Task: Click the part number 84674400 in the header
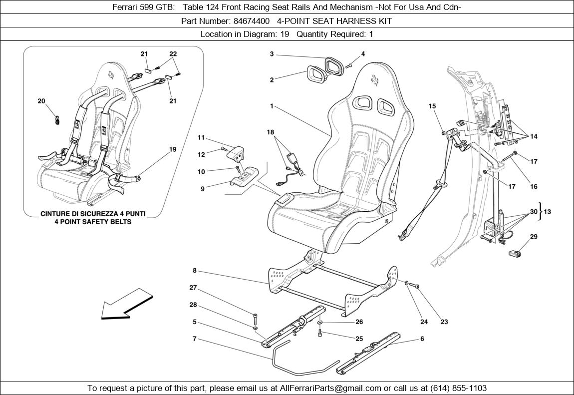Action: coord(252,21)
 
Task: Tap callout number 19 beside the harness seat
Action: coord(173,149)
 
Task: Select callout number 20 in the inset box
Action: coord(41,101)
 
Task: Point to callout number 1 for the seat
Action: coord(272,106)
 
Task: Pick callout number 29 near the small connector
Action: coord(534,237)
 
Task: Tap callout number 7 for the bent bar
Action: coord(194,339)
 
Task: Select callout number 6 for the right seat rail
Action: coord(422,339)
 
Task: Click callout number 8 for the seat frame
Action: coord(194,271)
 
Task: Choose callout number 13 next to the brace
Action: coord(548,212)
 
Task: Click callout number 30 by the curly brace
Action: coord(534,212)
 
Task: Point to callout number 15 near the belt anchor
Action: coord(432,106)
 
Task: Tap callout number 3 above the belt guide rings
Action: coord(272,54)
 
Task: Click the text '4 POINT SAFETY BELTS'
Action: coord(93,221)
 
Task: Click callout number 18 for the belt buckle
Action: coord(271,132)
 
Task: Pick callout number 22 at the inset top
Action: coord(173,54)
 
